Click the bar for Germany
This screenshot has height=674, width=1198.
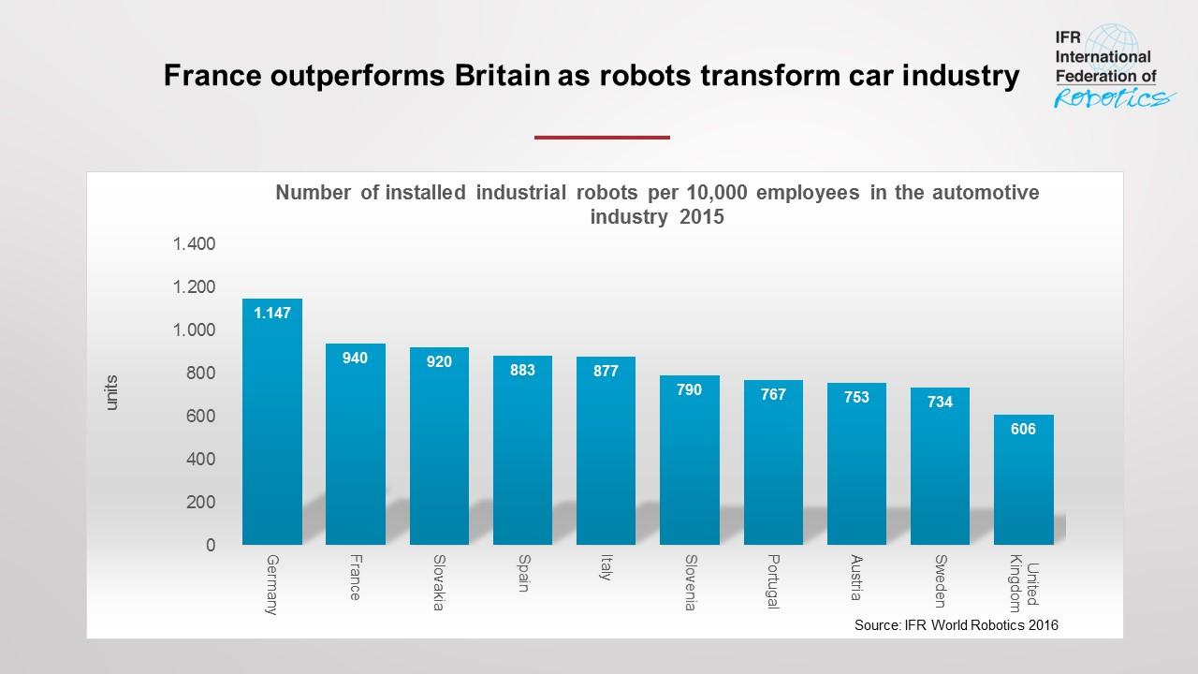(272, 421)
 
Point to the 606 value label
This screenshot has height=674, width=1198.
(1023, 429)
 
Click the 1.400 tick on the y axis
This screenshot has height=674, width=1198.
(193, 244)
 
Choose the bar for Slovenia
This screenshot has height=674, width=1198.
(690, 460)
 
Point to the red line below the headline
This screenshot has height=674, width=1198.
(602, 138)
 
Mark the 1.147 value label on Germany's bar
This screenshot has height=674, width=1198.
(271, 313)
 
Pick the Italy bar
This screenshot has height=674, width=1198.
(606, 450)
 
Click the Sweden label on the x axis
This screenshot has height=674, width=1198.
(941, 581)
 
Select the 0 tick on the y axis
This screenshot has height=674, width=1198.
(210, 545)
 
